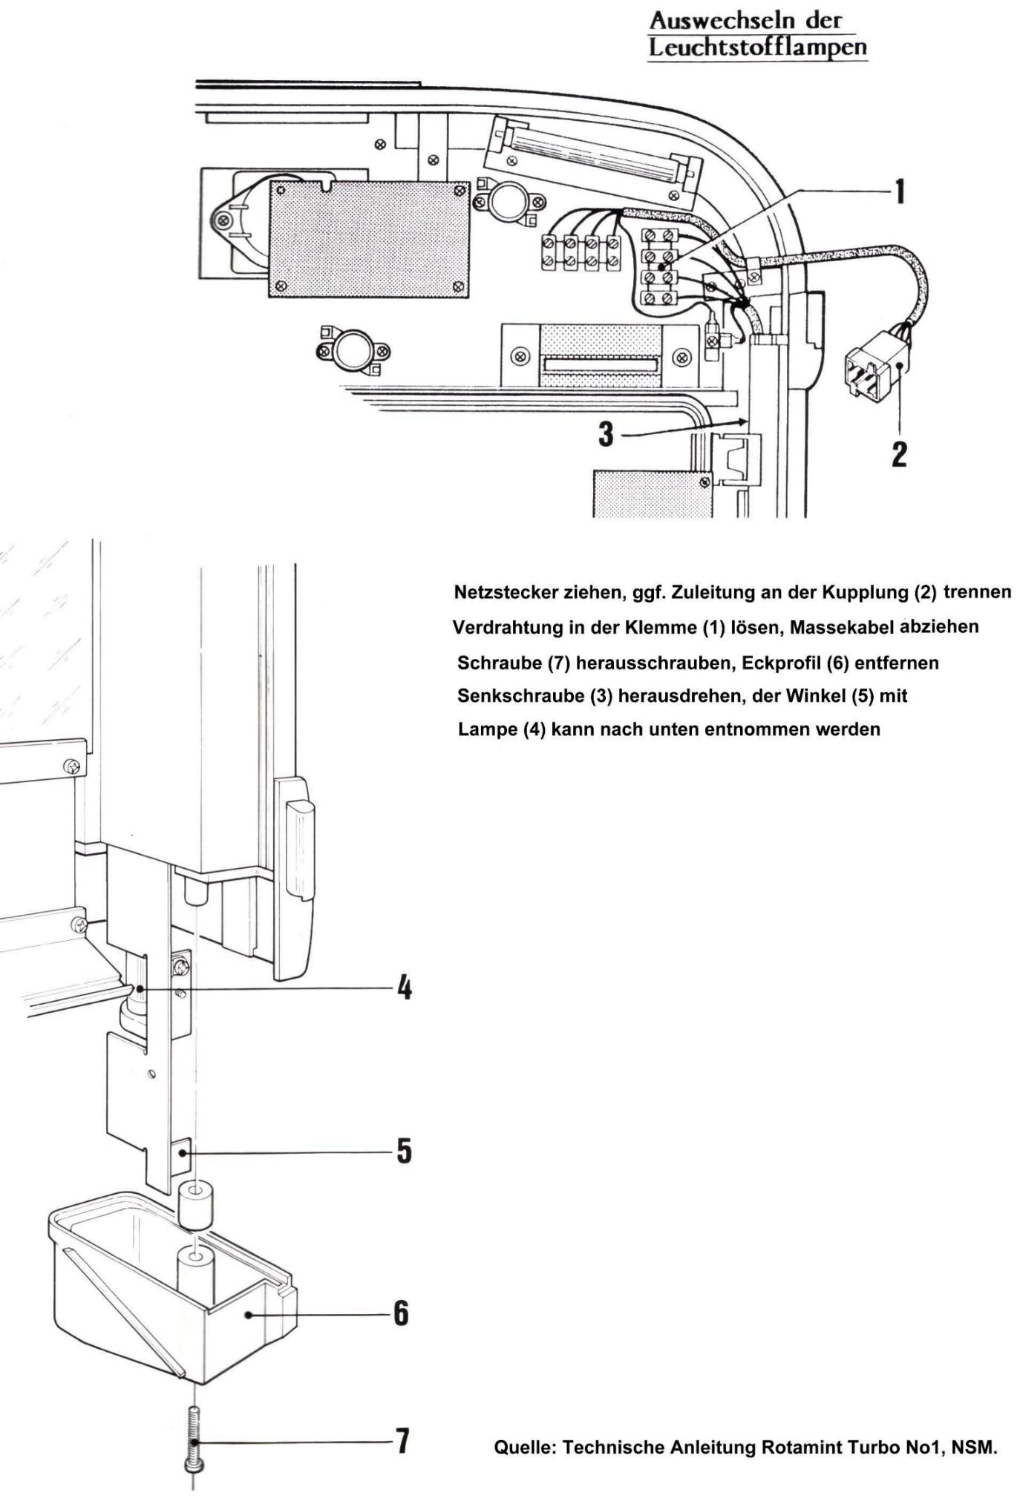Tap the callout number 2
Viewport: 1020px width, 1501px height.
tap(899, 453)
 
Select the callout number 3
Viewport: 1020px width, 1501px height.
tap(607, 434)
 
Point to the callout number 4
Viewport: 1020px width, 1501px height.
tap(403, 988)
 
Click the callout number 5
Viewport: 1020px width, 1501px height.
tap(403, 1152)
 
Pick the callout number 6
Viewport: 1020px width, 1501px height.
tap(401, 1313)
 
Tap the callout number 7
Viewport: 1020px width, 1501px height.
tap(402, 1441)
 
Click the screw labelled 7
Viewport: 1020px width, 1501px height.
tap(194, 1439)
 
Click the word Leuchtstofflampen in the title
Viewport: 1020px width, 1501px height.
tap(757, 47)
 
